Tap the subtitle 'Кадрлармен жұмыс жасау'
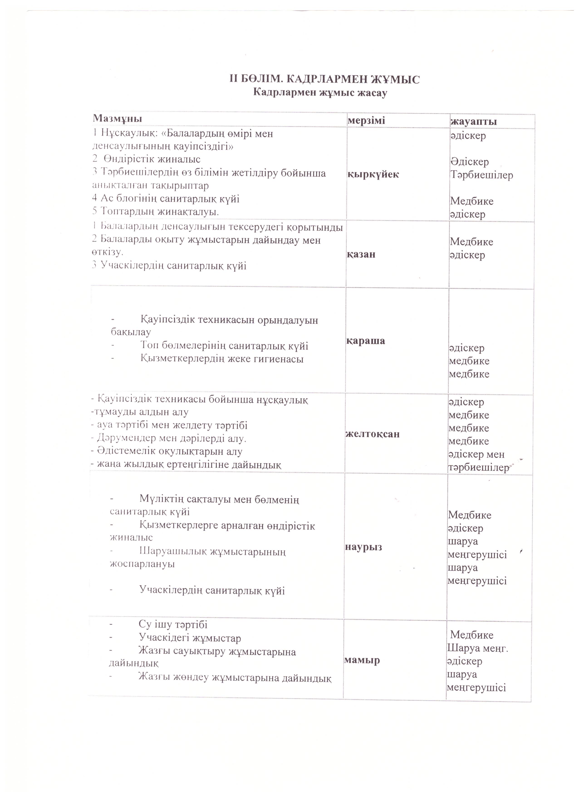320,93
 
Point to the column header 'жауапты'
474,121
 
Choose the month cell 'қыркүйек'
373,174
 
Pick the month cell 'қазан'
361,254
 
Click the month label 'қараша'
366,341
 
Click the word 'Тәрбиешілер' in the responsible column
481,175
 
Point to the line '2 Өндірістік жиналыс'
146,159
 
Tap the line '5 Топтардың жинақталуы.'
156,212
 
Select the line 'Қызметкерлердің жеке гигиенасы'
222,359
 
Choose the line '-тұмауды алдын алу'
140,412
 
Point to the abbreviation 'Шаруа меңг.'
478,648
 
